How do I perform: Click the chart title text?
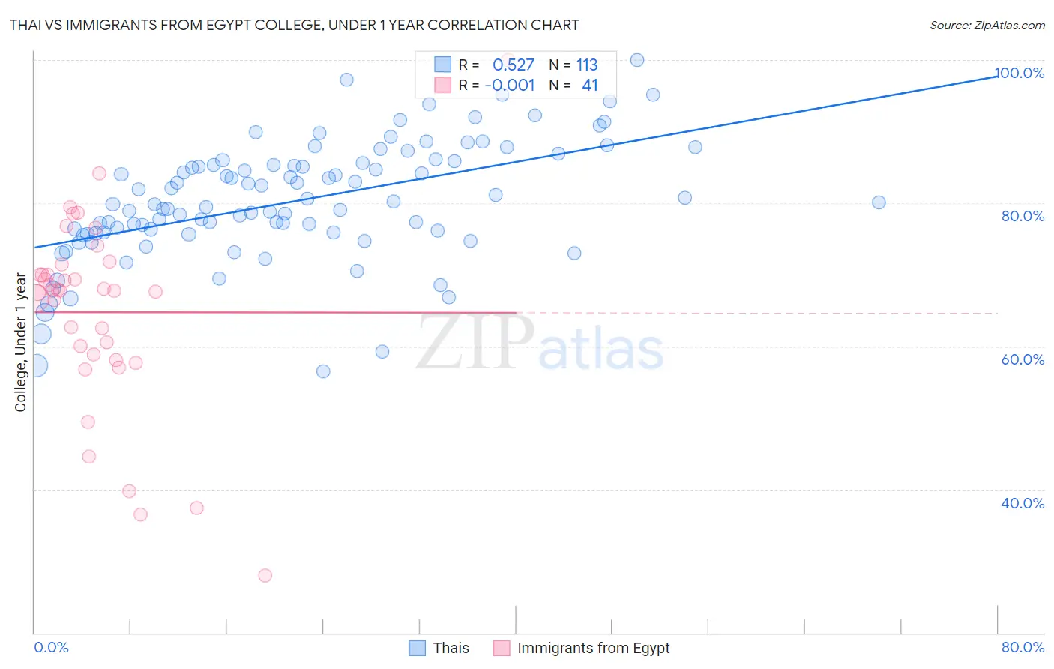pos(294,25)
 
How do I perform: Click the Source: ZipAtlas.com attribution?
pos(987,25)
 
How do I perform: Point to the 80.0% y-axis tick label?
pos(1023,216)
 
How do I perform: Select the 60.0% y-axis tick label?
pos(1023,359)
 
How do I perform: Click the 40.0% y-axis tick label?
pos(1023,503)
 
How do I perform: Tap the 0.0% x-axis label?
pos(51,647)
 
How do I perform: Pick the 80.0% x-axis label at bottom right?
pos(1023,647)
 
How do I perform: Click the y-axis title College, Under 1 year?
pos(21,342)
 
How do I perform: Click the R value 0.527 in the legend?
pos(513,65)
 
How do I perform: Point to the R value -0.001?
pos(510,85)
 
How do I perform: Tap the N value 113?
pos(587,65)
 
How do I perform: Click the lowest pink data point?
pos(265,575)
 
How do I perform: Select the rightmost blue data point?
pos(879,202)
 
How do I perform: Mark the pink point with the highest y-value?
pos(507,58)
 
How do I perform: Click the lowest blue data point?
pos(323,371)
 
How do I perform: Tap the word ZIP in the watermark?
pos(475,343)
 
